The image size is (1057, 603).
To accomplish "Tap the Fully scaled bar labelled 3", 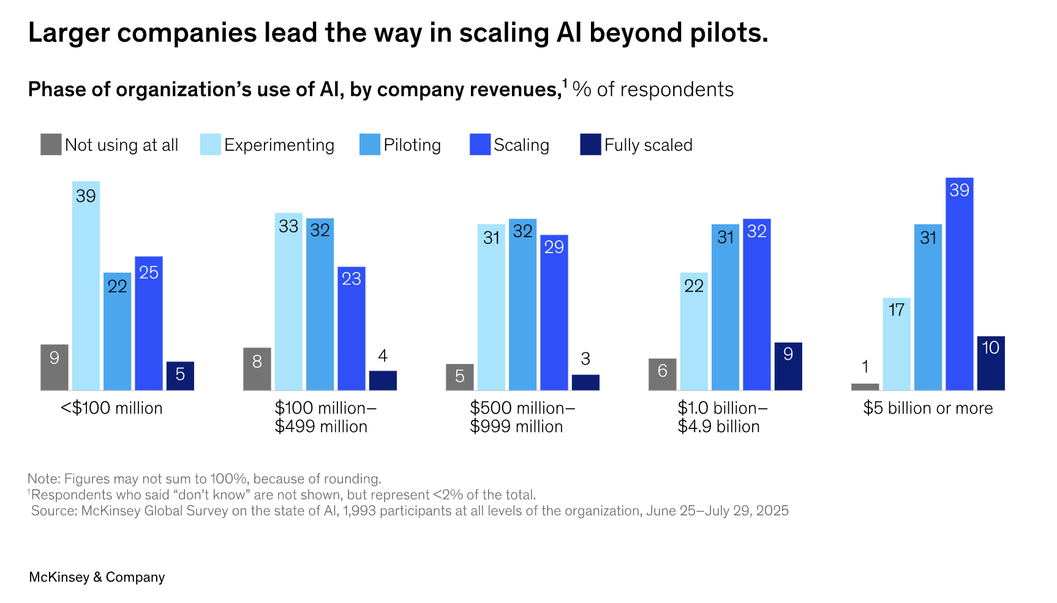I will click(585, 382).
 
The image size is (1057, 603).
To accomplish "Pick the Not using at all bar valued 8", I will click(257, 369).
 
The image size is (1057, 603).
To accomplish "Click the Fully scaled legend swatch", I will click(590, 145).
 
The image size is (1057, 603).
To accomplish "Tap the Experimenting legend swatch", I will click(210, 145).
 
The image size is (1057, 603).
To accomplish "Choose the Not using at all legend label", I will click(121, 145).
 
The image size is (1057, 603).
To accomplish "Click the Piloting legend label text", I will click(412, 145).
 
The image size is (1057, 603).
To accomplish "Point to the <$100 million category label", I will click(111, 408).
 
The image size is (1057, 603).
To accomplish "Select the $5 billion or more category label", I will click(928, 408).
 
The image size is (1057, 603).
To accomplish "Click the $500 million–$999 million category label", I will click(522, 417).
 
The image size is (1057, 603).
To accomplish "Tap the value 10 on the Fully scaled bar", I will click(990, 347).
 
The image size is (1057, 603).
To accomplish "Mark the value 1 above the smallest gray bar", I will click(865, 367).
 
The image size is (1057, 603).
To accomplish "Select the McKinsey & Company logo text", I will click(97, 577).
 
